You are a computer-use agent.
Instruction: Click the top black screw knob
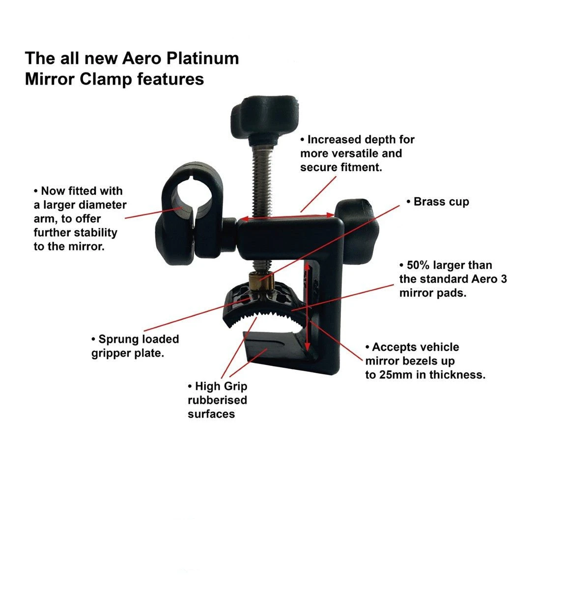pos(264,118)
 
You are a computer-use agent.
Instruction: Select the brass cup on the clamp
pos(261,281)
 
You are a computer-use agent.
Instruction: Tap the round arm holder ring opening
pos(192,194)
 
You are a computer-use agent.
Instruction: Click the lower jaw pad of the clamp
pos(274,346)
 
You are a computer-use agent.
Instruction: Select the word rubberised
pos(217,400)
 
